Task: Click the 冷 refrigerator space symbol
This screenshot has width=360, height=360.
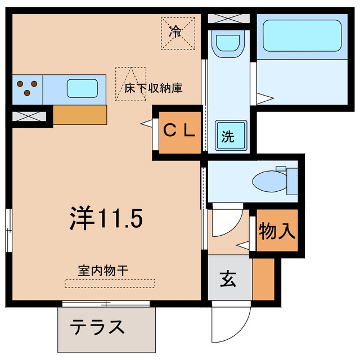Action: pyautogui.click(x=178, y=34)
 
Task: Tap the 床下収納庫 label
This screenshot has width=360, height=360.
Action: pyautogui.click(x=153, y=88)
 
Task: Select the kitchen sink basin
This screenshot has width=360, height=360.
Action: pyautogui.click(x=83, y=88)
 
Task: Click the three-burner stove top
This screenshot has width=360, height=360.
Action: pyautogui.click(x=28, y=89)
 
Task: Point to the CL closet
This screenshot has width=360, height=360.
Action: pyautogui.click(x=180, y=133)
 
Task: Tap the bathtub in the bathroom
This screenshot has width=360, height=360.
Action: pyautogui.click(x=302, y=35)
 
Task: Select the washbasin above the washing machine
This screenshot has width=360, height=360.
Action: pyautogui.click(x=228, y=44)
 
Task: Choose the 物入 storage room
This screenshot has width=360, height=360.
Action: pyautogui.click(x=277, y=230)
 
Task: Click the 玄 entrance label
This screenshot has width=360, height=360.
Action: pyautogui.click(x=228, y=279)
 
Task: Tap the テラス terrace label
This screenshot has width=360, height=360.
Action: pyautogui.click(x=97, y=327)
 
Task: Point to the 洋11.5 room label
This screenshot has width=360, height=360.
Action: pyautogui.click(x=106, y=218)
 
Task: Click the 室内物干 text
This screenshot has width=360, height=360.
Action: pyautogui.click(x=103, y=271)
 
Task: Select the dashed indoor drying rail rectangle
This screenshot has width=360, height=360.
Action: pyautogui.click(x=110, y=283)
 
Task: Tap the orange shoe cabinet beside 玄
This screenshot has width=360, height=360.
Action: pyautogui.click(x=264, y=279)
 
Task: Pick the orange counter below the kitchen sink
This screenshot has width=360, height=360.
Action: pyautogui.click(x=80, y=115)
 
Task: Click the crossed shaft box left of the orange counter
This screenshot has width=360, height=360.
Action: pyautogui.click(x=29, y=116)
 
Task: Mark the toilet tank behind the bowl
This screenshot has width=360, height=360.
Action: pyautogui.click(x=292, y=181)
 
